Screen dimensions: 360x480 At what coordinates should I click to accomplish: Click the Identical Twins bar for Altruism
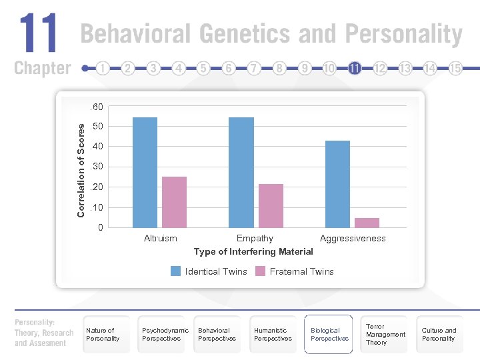point(145,173)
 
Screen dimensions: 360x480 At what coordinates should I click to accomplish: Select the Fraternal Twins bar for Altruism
point(174,203)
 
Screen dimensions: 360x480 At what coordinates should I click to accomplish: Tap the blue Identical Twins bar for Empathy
point(241,173)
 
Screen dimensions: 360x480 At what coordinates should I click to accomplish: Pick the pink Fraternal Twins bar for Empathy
point(271,206)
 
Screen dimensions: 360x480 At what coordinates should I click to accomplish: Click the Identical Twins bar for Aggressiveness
point(337,185)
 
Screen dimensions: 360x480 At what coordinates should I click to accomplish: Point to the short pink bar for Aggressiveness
point(367,223)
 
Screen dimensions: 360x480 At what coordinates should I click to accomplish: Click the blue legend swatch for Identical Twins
point(175,271)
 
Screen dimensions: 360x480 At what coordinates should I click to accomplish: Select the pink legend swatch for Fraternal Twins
point(261,271)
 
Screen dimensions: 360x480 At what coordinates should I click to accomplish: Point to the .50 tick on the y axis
point(96,127)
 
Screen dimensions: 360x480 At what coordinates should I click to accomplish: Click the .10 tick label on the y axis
point(96,208)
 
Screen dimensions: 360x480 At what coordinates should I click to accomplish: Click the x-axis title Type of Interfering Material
point(253,251)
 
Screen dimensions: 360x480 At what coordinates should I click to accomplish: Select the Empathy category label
point(255,238)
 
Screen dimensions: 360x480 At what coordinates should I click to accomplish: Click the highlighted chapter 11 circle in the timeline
point(355,68)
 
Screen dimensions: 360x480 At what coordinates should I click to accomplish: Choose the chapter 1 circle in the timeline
point(103,68)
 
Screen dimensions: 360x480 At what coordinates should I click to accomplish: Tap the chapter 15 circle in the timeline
point(456,68)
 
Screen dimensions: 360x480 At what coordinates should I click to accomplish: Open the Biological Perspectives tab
point(329,334)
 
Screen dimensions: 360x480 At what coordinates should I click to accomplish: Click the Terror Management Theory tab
point(385,334)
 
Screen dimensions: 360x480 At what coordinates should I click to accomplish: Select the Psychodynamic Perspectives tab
point(165,334)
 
